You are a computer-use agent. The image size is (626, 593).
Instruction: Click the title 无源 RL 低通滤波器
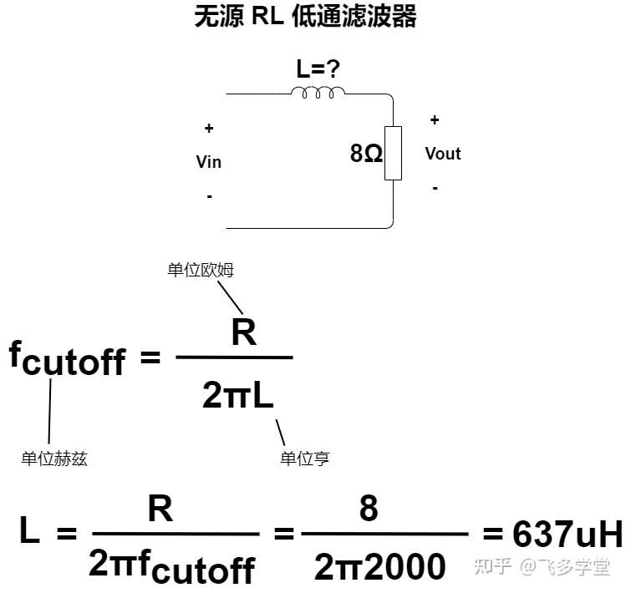pyautogui.click(x=305, y=18)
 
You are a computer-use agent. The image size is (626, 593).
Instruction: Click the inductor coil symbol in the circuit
pyautogui.click(x=318, y=91)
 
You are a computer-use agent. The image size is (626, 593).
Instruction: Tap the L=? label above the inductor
pyautogui.click(x=318, y=69)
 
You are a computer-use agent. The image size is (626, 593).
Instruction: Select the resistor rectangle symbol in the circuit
pyautogui.click(x=393, y=153)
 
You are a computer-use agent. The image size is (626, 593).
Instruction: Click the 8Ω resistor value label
pyautogui.click(x=366, y=154)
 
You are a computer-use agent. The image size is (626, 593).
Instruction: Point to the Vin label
pyautogui.click(x=209, y=162)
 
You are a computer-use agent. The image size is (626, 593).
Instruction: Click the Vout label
pyautogui.click(x=443, y=154)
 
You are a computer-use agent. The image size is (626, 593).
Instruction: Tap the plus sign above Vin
pyautogui.click(x=209, y=129)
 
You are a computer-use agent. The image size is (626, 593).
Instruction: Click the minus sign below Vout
pyautogui.click(x=435, y=188)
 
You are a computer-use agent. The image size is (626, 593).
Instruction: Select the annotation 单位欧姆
pyautogui.click(x=201, y=270)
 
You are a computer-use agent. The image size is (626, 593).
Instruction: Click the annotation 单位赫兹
pyautogui.click(x=54, y=459)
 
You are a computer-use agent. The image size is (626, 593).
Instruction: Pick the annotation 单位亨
pyautogui.click(x=305, y=459)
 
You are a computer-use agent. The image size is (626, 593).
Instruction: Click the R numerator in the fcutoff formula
pyautogui.click(x=243, y=332)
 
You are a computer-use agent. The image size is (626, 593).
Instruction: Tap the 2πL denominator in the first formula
pyautogui.click(x=238, y=396)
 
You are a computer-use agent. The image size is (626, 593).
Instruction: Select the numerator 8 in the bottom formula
pyautogui.click(x=369, y=508)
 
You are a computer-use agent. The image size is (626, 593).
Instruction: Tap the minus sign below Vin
pyautogui.click(x=209, y=196)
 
